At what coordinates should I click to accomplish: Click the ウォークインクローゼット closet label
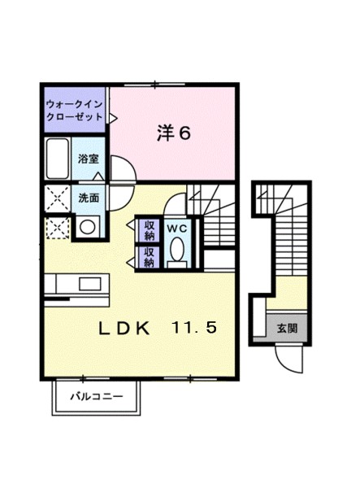(x=75, y=110)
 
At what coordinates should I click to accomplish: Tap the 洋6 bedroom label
(x=173, y=133)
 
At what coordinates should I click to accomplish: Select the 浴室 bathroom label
(x=89, y=159)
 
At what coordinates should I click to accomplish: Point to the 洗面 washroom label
(x=89, y=198)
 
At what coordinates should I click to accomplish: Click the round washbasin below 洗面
(x=86, y=227)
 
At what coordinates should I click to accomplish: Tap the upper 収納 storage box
(x=149, y=230)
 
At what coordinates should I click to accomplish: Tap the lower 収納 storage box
(x=149, y=257)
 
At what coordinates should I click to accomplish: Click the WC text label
(x=176, y=230)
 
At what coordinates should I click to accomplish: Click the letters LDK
(x=124, y=329)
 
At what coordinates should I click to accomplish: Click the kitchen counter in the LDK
(x=76, y=285)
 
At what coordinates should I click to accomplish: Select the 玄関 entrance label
(x=287, y=329)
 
